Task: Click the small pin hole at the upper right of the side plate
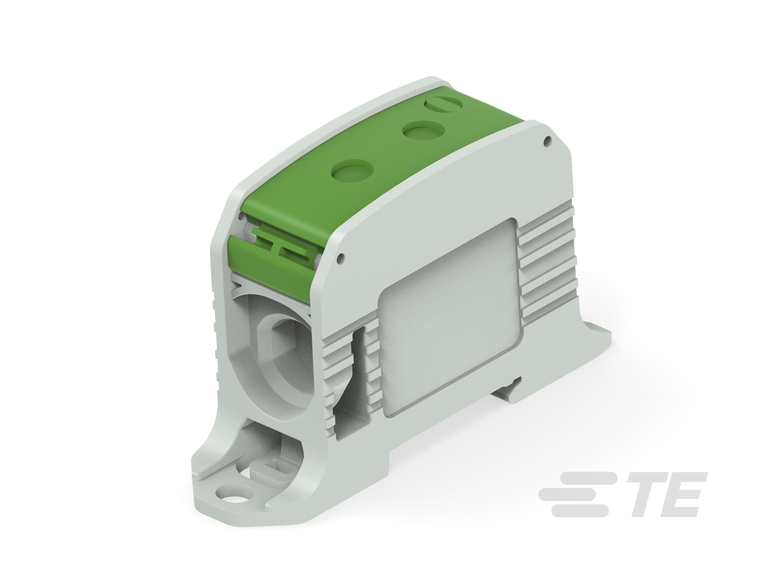pyautogui.click(x=546, y=140)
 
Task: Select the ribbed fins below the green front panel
pyautogui.click(x=329, y=379)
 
